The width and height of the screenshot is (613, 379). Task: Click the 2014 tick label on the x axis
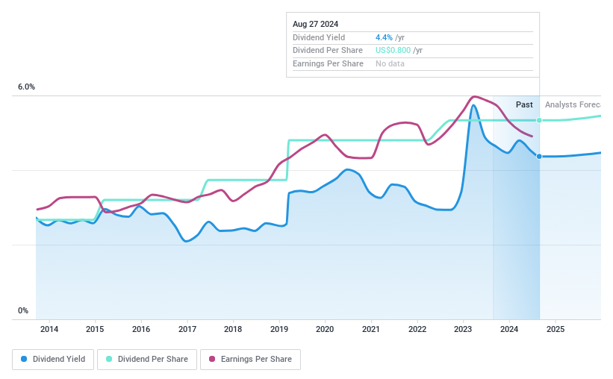[x=49, y=329]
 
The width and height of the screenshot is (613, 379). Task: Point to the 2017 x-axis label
[x=187, y=329]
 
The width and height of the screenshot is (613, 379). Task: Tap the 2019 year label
[x=279, y=329]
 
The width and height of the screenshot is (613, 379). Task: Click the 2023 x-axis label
[x=463, y=329]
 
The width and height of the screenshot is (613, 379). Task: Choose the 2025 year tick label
[x=556, y=329]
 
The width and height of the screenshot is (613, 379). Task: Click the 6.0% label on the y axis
[x=26, y=87]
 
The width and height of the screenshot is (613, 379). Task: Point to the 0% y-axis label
[x=23, y=311]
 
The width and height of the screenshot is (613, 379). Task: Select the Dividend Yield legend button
[x=52, y=359]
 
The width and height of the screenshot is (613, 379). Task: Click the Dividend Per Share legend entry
[x=149, y=359]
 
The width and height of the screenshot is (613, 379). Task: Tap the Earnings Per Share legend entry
[x=250, y=359]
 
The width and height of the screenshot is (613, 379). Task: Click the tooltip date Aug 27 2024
[x=315, y=24]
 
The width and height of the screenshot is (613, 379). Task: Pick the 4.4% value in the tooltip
[x=383, y=37]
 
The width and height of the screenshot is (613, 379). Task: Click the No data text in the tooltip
[x=390, y=64]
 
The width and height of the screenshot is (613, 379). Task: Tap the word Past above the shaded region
[x=524, y=104]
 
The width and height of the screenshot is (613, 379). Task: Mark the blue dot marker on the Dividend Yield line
[x=539, y=156]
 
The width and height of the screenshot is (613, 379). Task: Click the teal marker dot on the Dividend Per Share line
[x=539, y=120]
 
